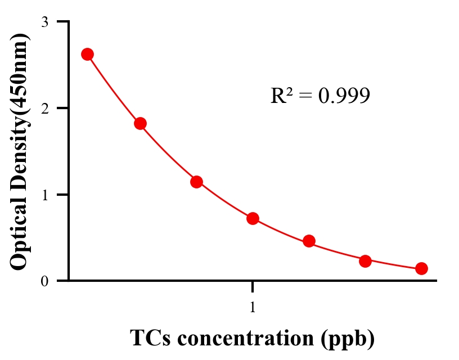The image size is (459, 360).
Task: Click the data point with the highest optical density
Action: tap(87, 54)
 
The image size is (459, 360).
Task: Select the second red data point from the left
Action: tap(141, 124)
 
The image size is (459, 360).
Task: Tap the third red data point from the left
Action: tap(196, 182)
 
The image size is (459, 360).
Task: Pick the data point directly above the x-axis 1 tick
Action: tap(253, 218)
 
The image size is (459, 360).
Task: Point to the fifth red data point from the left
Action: tap(309, 241)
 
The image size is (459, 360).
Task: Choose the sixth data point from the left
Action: tap(365, 261)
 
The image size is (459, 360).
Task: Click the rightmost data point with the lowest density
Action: tap(421, 269)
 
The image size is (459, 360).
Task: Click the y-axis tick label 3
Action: tap(44, 22)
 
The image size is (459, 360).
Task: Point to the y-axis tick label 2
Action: tap(44, 108)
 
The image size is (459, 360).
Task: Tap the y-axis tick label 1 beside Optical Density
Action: tap(44, 195)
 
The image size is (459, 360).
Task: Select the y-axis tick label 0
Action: tap(44, 281)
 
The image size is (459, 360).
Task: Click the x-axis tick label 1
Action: tap(253, 308)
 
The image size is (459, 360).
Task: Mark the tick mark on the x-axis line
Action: tap(253, 286)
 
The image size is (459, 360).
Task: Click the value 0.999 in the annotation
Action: tap(344, 96)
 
